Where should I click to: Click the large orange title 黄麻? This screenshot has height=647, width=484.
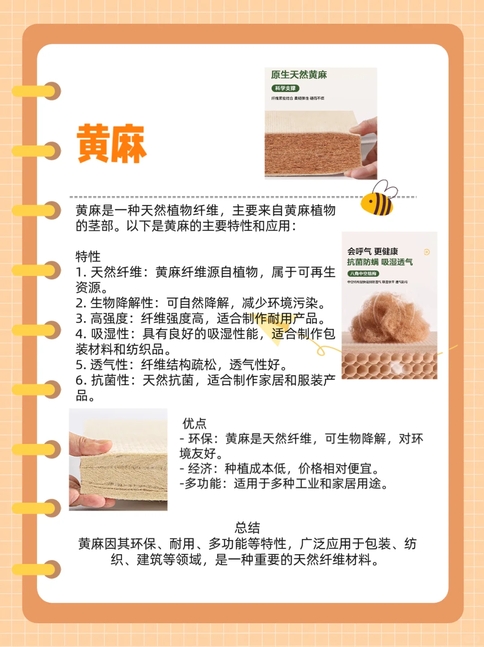point(112,143)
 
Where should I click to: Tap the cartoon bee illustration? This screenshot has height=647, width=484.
point(378,200)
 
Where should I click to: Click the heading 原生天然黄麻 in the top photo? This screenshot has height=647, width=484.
point(299,75)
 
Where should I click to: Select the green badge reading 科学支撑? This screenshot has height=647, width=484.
point(285,88)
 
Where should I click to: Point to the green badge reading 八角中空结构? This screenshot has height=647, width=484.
point(363,274)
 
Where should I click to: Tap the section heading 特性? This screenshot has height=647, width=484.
point(88,256)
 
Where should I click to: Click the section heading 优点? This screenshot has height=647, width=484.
point(194,423)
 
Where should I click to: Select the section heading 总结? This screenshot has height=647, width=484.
point(247,528)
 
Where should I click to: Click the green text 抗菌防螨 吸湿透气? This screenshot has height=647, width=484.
point(380,262)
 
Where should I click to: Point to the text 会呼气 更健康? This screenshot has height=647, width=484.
point(372,252)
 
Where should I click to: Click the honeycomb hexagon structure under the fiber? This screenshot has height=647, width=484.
point(389,366)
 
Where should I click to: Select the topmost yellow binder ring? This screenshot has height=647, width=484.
point(36,91)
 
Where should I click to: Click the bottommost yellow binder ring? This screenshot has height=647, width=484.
point(36,569)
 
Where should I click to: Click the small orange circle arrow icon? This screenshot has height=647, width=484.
point(427,252)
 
